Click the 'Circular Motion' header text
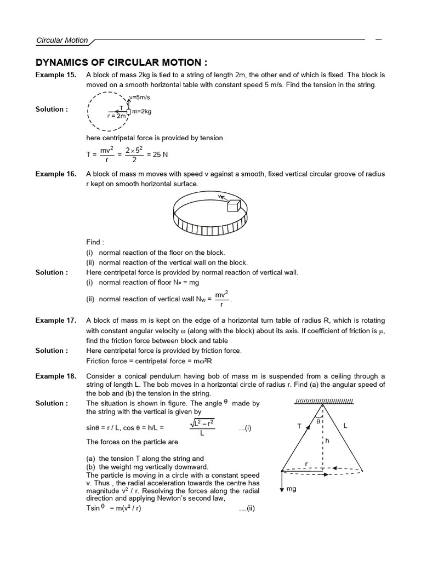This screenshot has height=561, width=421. point(61,40)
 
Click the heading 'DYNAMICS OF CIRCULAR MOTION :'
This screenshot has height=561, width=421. point(122,62)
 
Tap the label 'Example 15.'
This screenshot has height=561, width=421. point(56,75)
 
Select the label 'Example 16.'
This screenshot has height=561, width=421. point(56,174)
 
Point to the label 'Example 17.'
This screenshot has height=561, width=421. point(56,320)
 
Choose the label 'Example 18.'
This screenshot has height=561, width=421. point(56,376)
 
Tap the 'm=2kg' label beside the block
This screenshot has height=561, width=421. point(141,112)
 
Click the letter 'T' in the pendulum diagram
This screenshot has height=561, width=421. point(300,426)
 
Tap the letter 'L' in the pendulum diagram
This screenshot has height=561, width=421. point(346,425)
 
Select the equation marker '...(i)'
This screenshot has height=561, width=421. point(244,428)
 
